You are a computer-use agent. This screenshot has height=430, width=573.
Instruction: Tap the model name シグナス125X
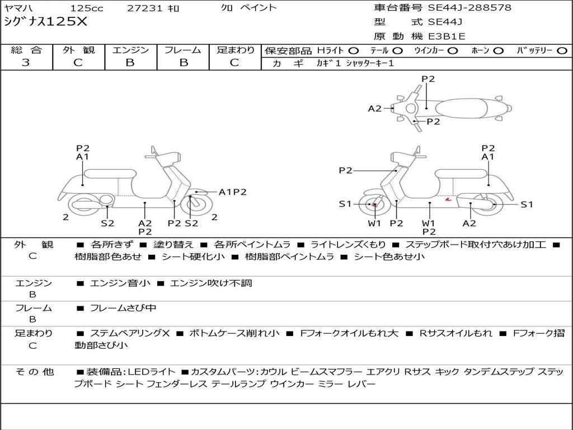tap(46, 22)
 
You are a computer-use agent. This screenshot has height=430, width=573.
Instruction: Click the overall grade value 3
tap(26, 62)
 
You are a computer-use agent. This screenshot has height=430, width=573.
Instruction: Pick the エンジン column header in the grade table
tap(130, 50)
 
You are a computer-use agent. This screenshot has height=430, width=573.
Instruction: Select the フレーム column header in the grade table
tap(182, 50)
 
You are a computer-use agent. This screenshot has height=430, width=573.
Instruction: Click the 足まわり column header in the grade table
tap(236, 50)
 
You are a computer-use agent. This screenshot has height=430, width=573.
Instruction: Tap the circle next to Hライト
tap(354, 50)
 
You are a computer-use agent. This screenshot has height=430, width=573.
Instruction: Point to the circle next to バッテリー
tap(562, 50)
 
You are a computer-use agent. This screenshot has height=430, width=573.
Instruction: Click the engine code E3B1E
tap(447, 37)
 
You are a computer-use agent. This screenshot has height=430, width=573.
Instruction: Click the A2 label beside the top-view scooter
tap(374, 109)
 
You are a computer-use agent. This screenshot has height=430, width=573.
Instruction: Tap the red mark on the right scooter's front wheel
tap(374, 204)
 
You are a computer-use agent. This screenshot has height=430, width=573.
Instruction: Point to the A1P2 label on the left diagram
tap(232, 192)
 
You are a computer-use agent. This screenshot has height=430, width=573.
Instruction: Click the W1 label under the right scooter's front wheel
tap(374, 223)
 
